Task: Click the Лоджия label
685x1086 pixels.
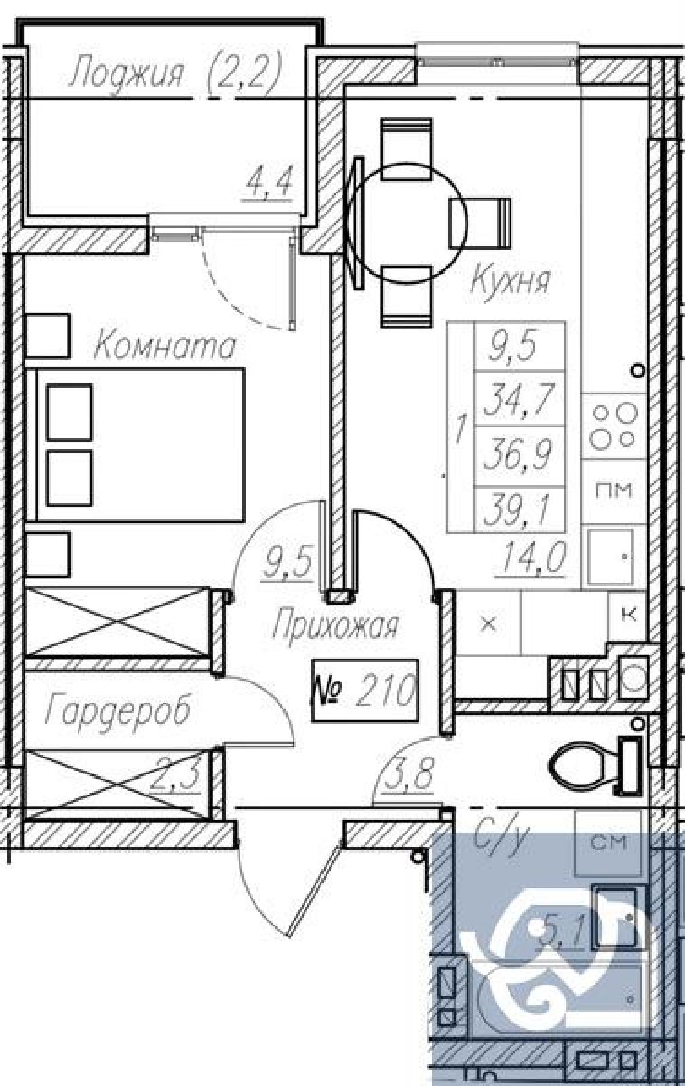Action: [x=128, y=74]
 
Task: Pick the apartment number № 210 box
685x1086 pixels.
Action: [x=364, y=691]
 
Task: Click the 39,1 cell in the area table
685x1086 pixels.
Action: [x=520, y=509]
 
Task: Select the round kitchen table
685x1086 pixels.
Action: [x=407, y=223]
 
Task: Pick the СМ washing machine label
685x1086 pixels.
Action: [x=609, y=842]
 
